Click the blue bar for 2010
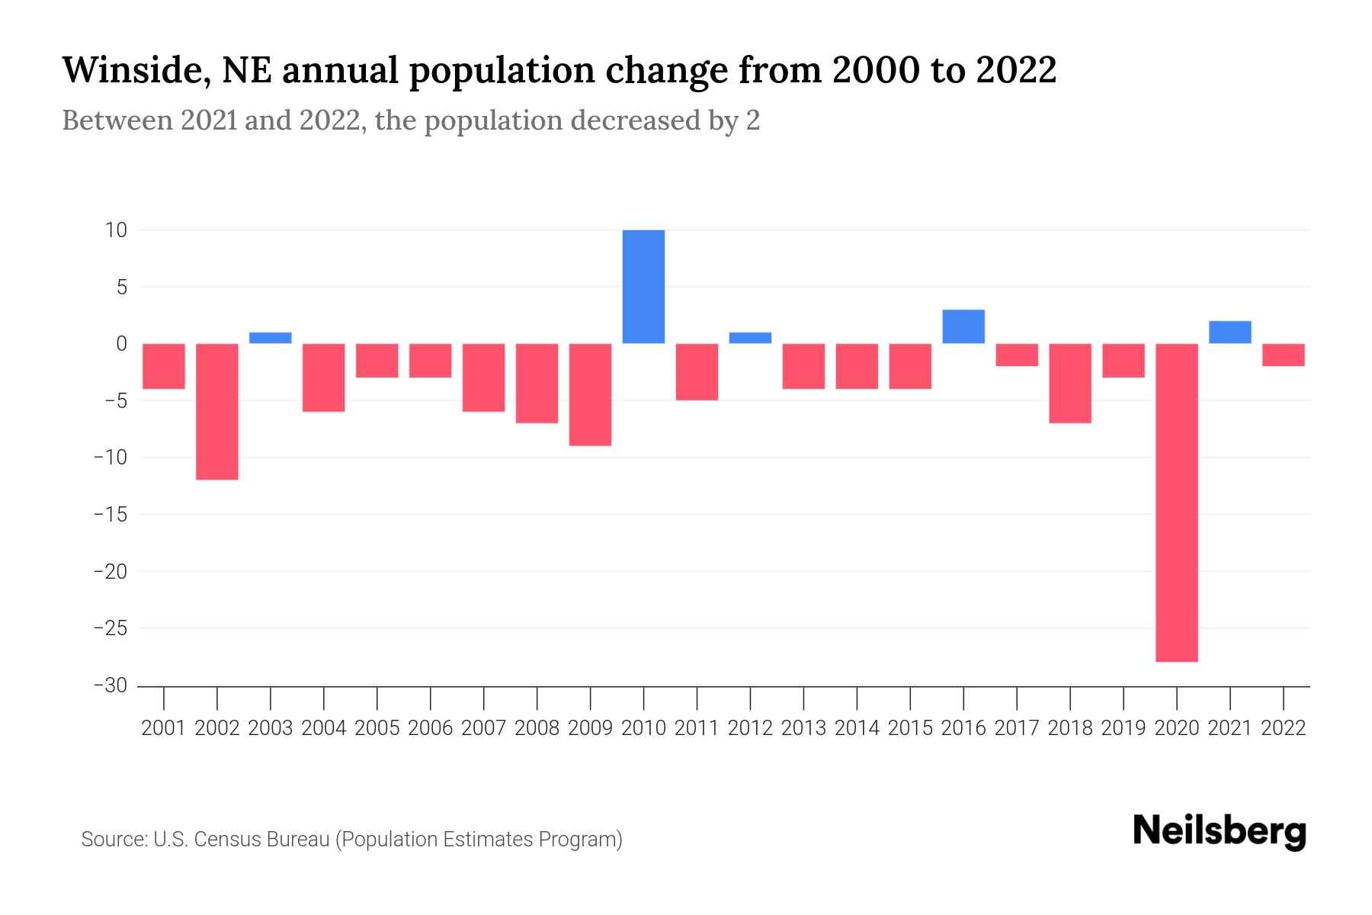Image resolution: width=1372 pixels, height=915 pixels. [643, 287]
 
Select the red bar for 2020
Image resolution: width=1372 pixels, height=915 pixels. [1177, 502]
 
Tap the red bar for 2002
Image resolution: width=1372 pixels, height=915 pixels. [217, 412]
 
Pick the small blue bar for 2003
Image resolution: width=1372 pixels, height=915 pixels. [271, 338]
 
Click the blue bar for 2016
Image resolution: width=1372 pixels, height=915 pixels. [963, 326]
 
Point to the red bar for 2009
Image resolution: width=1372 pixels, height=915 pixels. [590, 394]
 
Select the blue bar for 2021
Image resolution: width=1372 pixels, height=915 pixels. [1229, 332]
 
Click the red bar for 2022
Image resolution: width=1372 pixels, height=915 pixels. [1283, 355]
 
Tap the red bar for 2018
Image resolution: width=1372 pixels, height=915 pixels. [1070, 383]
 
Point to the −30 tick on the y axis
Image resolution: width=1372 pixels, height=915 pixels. [110, 685]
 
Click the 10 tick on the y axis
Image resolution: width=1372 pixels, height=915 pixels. [116, 230]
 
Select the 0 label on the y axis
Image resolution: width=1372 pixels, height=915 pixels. [121, 344]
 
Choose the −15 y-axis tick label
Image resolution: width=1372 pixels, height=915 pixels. [110, 515]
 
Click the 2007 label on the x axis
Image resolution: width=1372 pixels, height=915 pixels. [483, 728]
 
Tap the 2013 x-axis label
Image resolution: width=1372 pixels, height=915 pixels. [803, 728]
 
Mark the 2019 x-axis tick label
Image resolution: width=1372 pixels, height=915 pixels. [1124, 728]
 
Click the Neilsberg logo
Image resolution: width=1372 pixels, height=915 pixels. [1220, 832]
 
